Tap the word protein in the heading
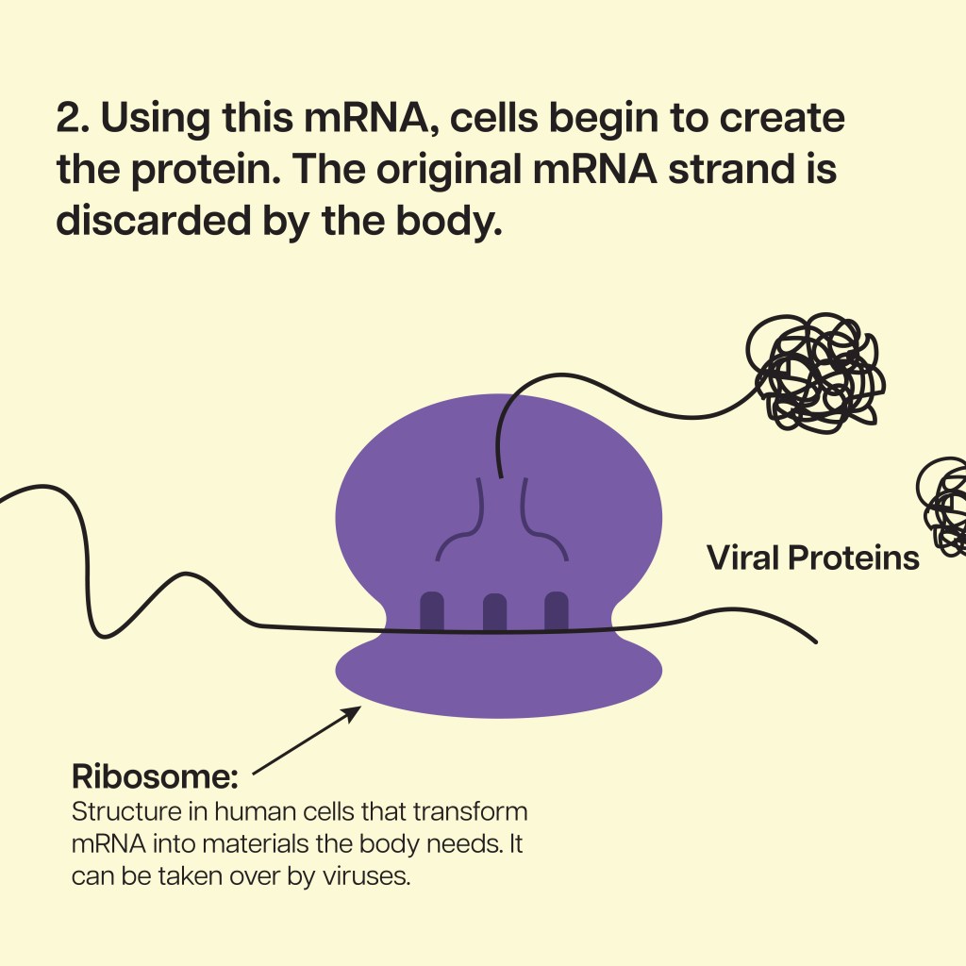pyautogui.click(x=202, y=171)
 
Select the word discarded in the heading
pyautogui.click(x=154, y=220)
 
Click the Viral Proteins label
pyautogui.click(x=812, y=558)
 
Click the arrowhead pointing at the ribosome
pyautogui.click(x=353, y=713)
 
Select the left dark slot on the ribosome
pyautogui.click(x=432, y=611)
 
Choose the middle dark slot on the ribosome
pyautogui.click(x=494, y=611)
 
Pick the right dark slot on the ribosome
pyautogui.click(x=557, y=611)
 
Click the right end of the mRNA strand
pyautogui.click(x=816, y=641)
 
